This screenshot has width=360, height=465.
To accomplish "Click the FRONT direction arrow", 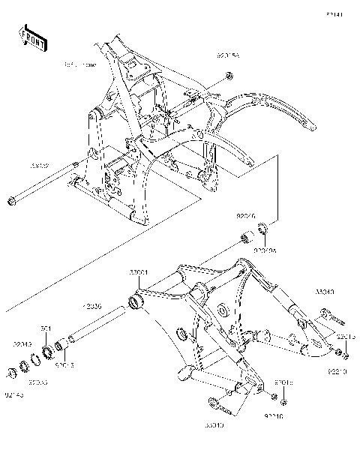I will coord(33,38).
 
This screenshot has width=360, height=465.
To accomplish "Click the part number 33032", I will coord(40,164).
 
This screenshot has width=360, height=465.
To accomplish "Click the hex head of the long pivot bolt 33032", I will coord(11,200).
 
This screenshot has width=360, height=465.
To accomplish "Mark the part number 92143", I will coord(14,394).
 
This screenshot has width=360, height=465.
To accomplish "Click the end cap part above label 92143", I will coord(13,373).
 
